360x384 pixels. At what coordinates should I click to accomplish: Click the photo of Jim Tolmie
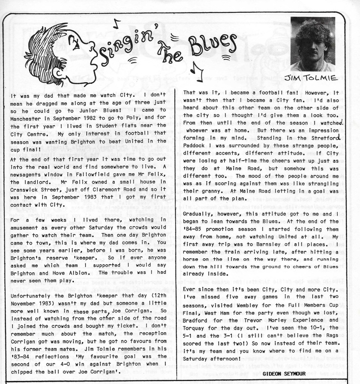click(313, 44)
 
